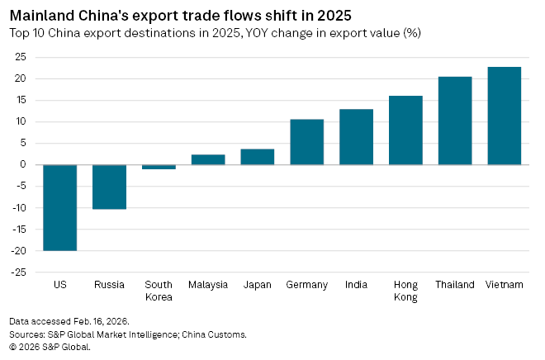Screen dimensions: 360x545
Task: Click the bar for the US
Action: [x=59, y=207]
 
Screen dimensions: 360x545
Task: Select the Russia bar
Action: [x=109, y=187]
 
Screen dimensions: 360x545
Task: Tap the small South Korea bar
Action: [x=159, y=167]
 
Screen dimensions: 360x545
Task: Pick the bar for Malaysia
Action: [x=208, y=159]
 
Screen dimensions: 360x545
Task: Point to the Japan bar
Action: [x=258, y=157]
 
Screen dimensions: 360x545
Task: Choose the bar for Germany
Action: [x=306, y=142]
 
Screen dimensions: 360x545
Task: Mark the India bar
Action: [x=356, y=137]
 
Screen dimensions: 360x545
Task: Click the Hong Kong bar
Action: [x=405, y=130]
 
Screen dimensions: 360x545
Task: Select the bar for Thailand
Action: [x=455, y=121]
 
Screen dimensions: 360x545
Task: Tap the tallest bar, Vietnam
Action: [x=505, y=116]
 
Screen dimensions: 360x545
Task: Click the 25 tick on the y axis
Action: [x=19, y=57]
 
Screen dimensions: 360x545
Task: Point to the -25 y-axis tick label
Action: [x=17, y=272]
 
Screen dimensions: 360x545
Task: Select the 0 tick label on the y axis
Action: [x=22, y=164]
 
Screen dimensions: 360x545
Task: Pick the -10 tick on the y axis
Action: [x=17, y=207]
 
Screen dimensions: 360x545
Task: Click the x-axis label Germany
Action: [x=306, y=285]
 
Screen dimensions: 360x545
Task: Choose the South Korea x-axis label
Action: [x=159, y=291]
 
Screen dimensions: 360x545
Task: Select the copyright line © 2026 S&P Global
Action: [x=50, y=347]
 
